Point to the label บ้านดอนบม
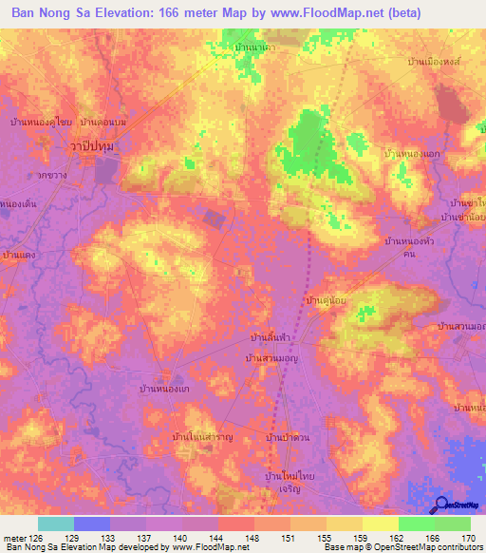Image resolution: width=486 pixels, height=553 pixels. coord(104,123)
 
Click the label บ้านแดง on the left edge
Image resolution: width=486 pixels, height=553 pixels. coord(20,255)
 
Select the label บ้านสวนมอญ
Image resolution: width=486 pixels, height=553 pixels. coord(272,358)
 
